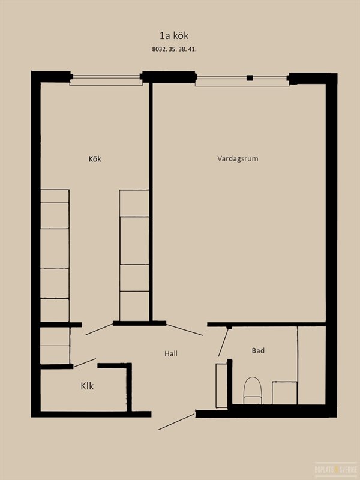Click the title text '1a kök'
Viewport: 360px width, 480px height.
(174, 35)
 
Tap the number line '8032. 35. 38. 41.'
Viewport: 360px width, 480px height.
(174, 49)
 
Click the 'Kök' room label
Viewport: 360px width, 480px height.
(95, 159)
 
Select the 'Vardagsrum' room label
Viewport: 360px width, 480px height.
(238, 158)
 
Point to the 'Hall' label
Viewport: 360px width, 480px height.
(171, 353)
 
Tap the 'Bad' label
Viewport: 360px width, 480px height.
(258, 351)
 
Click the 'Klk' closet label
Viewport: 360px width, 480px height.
(87, 386)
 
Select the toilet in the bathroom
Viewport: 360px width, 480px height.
(253, 391)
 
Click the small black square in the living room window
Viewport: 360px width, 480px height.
(250, 78)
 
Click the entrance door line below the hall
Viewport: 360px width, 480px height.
(176, 422)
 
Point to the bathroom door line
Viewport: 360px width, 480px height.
(223, 343)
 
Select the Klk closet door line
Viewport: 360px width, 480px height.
(85, 362)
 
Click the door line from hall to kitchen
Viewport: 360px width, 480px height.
(100, 329)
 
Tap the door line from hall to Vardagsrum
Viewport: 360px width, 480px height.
(185, 330)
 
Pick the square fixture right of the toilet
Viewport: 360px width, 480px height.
(284, 393)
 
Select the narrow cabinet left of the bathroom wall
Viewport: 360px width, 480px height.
(221, 385)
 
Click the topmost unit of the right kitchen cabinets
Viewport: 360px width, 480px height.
(134, 203)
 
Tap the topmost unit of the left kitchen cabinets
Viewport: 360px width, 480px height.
(55, 196)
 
